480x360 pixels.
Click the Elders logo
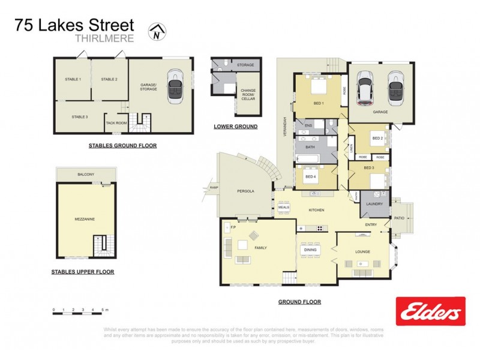coord(430,311)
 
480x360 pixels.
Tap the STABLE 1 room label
coord(73,79)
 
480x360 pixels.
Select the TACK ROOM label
coord(116,122)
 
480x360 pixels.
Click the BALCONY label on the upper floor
coord(85,174)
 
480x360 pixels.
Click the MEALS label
coord(283,207)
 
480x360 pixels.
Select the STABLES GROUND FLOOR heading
coord(122,145)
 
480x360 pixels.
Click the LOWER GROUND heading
coord(236,127)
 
